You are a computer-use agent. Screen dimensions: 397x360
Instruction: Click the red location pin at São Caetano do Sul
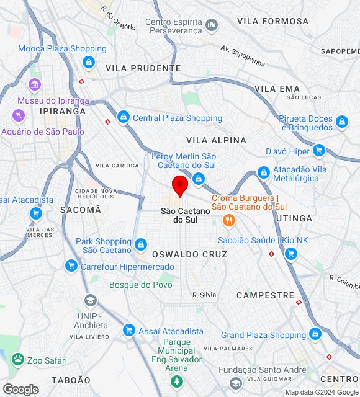pos(180,185)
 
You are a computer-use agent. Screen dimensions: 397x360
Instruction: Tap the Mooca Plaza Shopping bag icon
pos(89,62)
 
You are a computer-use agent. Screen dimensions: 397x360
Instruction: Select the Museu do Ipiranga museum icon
pos(35,84)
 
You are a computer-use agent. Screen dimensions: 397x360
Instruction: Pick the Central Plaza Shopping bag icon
pos(124,117)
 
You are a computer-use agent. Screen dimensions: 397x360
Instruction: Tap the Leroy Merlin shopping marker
pos(199,179)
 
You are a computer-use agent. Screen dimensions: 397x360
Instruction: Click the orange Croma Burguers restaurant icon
pos(230,220)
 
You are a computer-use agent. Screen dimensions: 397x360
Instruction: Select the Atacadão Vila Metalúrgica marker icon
pos(264,172)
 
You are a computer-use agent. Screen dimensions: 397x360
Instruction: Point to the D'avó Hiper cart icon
pos(319,151)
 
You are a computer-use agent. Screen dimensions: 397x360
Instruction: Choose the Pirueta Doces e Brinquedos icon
pos(341,122)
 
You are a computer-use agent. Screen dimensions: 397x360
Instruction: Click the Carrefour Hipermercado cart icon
pos(71,266)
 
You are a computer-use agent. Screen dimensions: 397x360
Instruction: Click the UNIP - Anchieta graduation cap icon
pos(91,301)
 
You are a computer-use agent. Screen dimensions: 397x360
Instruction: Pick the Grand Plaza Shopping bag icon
pos(315,335)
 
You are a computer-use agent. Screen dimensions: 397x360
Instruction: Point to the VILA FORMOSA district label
pos(272,21)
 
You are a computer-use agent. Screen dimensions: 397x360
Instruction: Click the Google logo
pos(20,390)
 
